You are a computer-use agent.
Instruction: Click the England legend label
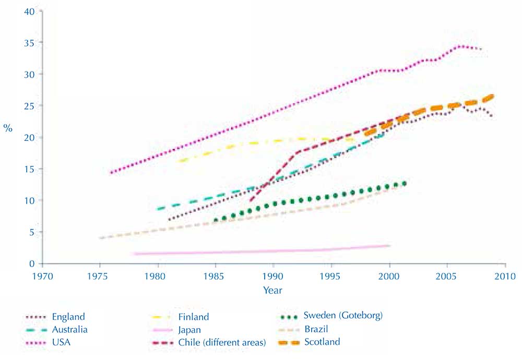pos(68,317)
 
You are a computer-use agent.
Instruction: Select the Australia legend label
pos(70,329)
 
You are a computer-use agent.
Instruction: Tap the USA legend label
pos(61,342)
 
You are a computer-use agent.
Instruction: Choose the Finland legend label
pos(193,317)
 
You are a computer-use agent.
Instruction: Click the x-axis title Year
pos(274,290)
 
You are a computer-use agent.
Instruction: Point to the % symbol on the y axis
pos(8,128)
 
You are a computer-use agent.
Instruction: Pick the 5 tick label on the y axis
pos(33,232)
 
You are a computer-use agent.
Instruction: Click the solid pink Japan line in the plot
pos(261,251)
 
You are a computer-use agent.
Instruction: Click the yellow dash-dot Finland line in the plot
pos(261,141)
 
